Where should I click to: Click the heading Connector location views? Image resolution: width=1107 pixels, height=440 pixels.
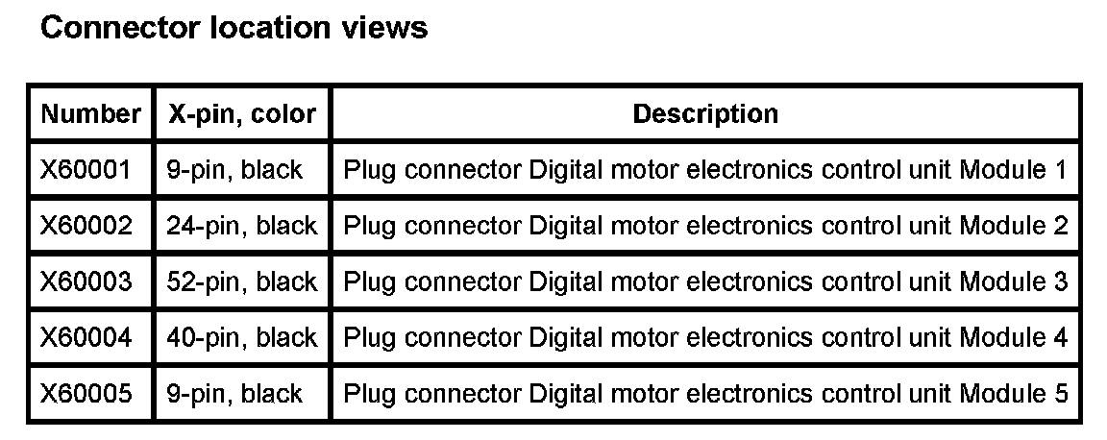pos(234,28)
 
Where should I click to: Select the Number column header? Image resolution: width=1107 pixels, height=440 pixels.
pos(90,114)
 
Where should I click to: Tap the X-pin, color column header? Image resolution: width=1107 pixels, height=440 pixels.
pos(242,114)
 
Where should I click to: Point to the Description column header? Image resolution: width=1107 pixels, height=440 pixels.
pos(705,114)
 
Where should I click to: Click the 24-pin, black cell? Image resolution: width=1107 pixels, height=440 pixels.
pos(242,226)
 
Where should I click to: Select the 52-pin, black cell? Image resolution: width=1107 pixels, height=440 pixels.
pos(242,281)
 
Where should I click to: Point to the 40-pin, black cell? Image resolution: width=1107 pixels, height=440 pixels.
pos(242,337)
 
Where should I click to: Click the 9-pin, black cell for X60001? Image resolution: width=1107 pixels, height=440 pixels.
pos(234,170)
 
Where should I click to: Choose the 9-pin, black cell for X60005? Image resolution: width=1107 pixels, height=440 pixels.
pos(234,393)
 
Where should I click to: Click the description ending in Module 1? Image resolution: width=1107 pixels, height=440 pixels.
pos(705,170)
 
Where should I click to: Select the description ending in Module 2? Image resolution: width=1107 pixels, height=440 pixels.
pos(705,226)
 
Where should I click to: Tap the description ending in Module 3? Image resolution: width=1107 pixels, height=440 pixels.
pos(705,281)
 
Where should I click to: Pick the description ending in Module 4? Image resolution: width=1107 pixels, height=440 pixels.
pos(705,337)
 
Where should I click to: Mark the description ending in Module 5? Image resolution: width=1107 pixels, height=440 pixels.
pos(705,393)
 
